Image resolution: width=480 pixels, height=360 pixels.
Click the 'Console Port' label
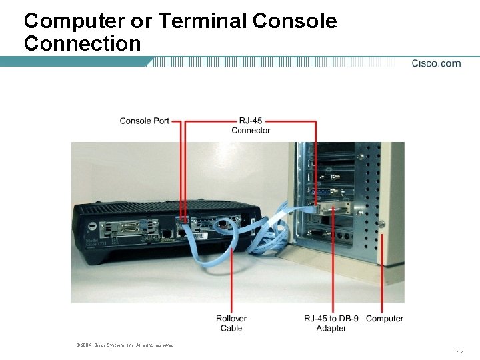[x=144, y=121]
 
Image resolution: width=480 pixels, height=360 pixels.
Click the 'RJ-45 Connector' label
[x=251, y=125]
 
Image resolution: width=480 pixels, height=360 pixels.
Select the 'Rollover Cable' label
[x=231, y=323]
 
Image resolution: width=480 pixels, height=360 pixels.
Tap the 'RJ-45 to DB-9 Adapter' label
[x=331, y=323]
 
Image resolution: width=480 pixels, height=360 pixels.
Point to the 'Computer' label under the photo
[x=385, y=319]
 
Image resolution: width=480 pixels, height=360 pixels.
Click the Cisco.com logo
[x=436, y=63]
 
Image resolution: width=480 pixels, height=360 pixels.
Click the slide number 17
[x=459, y=352]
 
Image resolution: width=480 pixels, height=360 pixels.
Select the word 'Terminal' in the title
[x=203, y=21]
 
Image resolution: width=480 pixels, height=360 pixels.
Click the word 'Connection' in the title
[x=82, y=44]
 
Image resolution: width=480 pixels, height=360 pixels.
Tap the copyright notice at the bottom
[x=125, y=345]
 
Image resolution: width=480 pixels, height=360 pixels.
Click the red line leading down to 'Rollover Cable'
[x=231, y=280]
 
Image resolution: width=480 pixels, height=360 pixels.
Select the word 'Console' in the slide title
[x=295, y=21]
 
